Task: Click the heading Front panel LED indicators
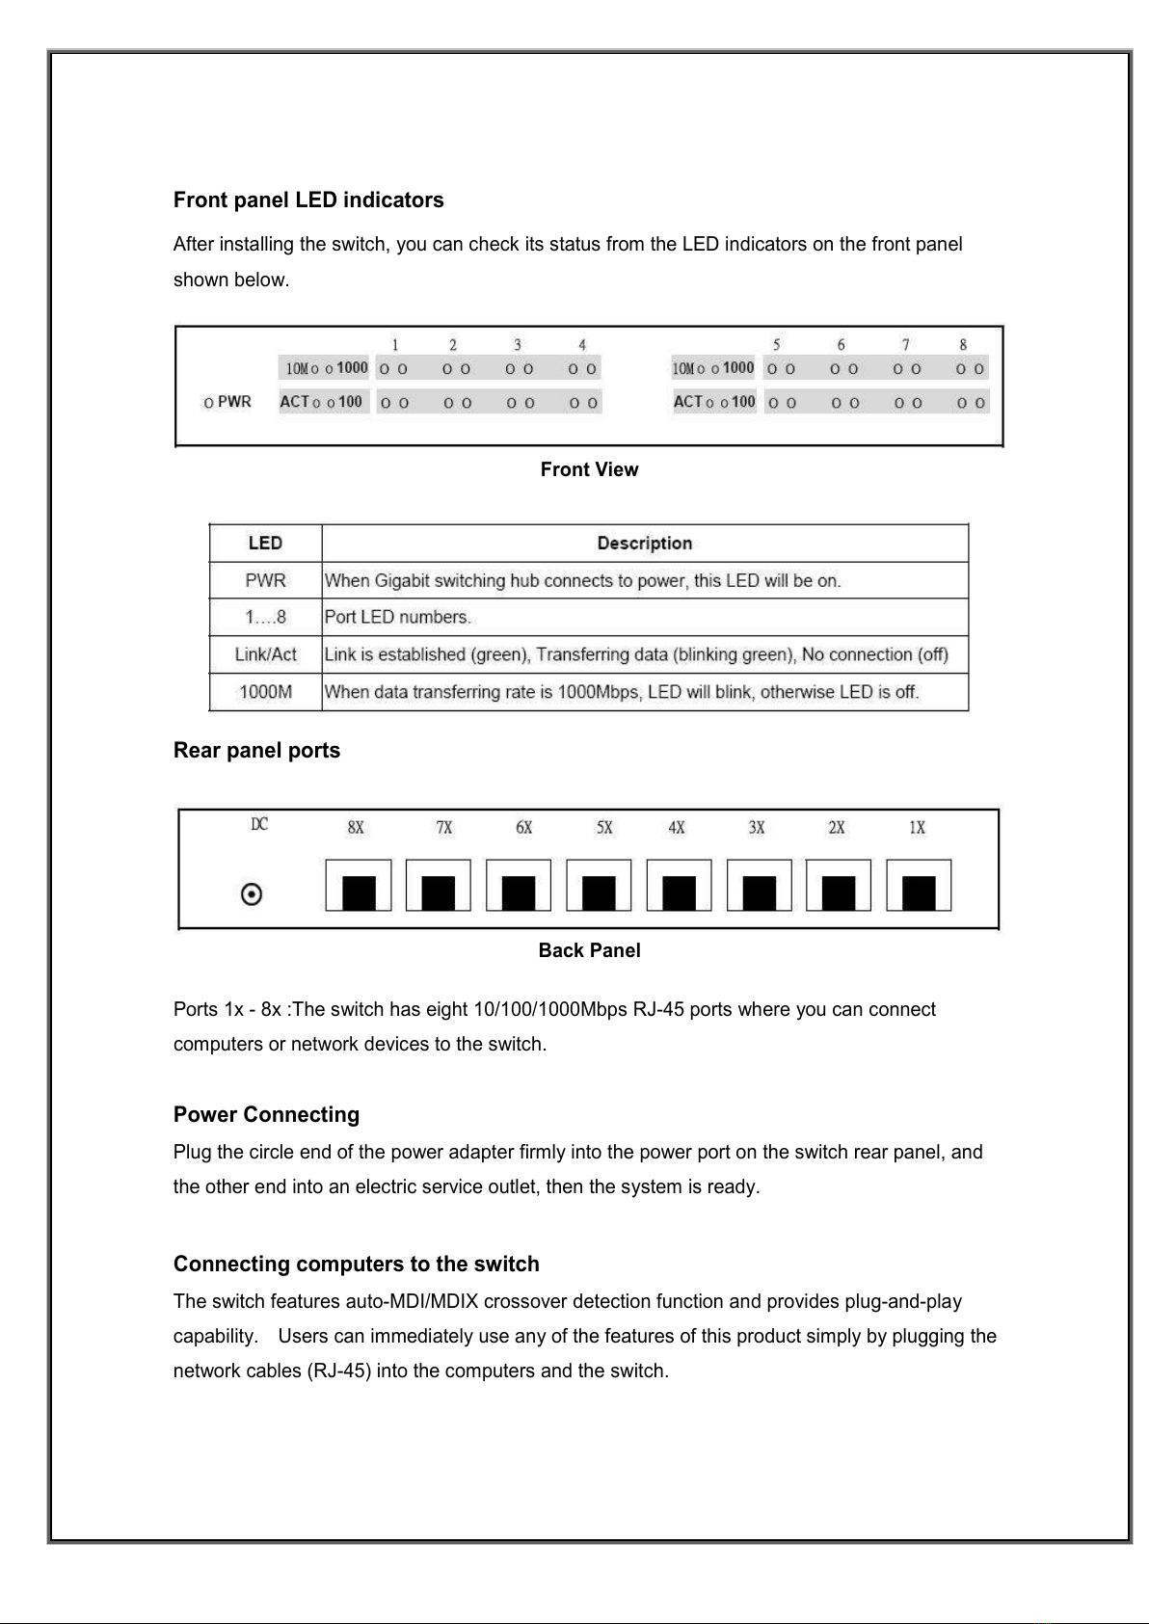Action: click(308, 200)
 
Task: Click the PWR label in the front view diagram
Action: click(233, 402)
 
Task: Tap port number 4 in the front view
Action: click(582, 345)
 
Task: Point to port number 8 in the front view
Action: click(963, 345)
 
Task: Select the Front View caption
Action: click(589, 469)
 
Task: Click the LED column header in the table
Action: click(265, 544)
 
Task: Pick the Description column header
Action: click(644, 544)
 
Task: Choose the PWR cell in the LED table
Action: click(265, 580)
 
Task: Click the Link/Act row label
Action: click(265, 654)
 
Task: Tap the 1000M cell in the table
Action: click(265, 692)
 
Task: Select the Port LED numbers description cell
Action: click(397, 617)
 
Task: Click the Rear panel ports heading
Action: click(256, 751)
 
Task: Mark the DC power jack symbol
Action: click(251, 895)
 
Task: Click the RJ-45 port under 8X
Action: click(359, 886)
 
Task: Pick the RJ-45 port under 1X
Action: click(919, 886)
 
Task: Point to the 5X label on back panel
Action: click(604, 827)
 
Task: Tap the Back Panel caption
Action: click(589, 950)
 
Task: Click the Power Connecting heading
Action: click(266, 1115)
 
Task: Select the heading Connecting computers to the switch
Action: click(356, 1265)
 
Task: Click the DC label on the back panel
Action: click(259, 824)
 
